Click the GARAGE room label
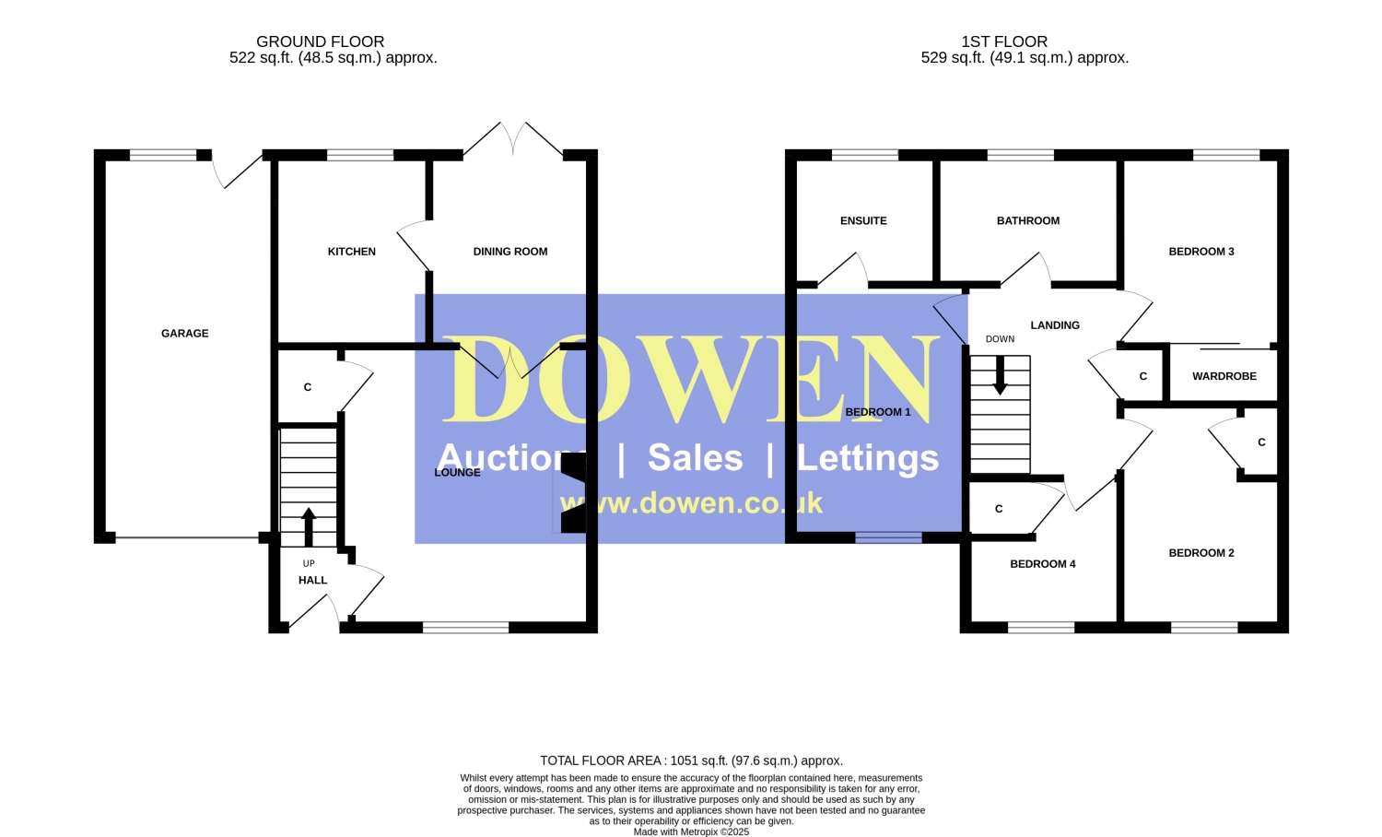tap(184, 334)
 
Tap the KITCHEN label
tap(352, 252)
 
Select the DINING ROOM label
tap(510, 252)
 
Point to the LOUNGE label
tap(457, 472)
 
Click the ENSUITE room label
tap(863, 220)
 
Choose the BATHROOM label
tap(1028, 220)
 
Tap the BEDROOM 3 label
tap(1201, 252)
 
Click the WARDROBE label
tap(1224, 376)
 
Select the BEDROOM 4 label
tap(1043, 563)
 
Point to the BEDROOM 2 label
tap(1201, 552)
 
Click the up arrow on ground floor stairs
tap(309, 527)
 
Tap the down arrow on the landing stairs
tap(1000, 375)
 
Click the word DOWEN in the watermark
tap(690, 379)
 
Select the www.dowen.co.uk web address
tap(691, 503)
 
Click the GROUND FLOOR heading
tap(321, 41)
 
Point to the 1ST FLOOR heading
tap(1004, 41)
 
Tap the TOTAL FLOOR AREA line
tap(692, 760)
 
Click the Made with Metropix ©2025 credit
tap(692, 831)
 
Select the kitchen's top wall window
tap(360, 155)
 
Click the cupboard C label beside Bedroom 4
tap(999, 509)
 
